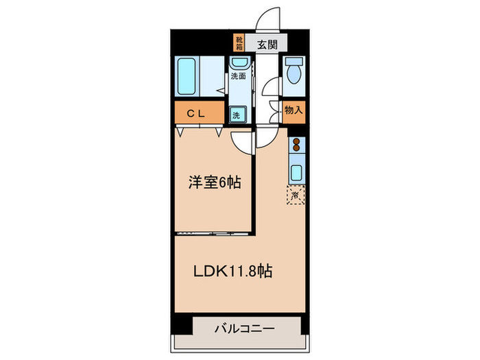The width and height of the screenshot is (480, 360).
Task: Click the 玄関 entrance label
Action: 267,45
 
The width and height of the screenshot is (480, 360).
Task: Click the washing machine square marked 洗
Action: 237,115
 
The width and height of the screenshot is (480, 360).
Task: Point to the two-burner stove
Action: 297,145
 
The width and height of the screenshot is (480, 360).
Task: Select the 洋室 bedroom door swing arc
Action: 243,141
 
